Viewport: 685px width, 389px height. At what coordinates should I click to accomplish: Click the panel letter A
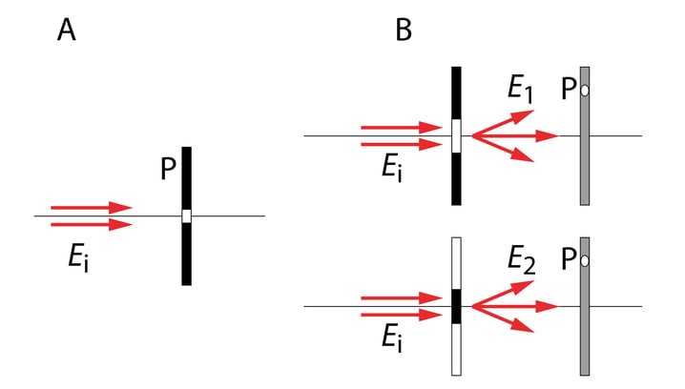(67, 31)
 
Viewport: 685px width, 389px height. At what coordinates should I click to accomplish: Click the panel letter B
(405, 31)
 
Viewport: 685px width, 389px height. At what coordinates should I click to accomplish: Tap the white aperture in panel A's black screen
(187, 216)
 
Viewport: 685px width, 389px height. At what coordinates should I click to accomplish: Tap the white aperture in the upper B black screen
(456, 135)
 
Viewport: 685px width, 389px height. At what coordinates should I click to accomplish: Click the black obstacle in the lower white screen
(456, 306)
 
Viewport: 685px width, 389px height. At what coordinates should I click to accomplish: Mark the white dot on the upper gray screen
(585, 91)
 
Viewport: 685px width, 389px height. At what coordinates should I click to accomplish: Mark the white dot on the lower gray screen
(585, 261)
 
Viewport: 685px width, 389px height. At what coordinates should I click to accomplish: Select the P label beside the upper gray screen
(569, 91)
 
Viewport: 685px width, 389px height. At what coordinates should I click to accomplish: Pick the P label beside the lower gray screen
(569, 261)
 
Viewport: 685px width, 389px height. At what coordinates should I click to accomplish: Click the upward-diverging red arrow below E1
(503, 123)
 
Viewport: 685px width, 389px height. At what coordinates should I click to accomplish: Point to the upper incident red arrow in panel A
(91, 208)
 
